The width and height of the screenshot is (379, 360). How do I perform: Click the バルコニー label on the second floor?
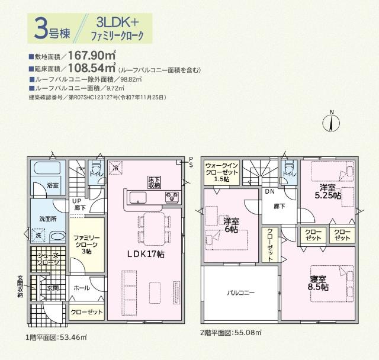point(240,292)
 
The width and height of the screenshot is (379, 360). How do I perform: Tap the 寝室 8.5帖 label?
point(318,282)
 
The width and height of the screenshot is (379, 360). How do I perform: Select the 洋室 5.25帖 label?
point(326,191)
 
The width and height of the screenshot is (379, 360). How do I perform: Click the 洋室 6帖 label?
point(230,225)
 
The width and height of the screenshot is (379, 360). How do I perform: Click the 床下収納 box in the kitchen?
point(154,182)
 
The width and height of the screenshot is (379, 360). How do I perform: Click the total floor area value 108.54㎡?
point(92,69)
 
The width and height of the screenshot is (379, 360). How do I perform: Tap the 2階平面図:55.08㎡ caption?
point(231,333)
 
